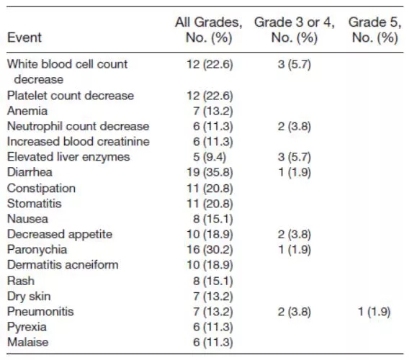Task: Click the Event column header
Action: [24, 37]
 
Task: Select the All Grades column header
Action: [209, 30]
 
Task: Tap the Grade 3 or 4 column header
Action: [295, 30]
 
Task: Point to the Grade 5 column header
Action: [375, 30]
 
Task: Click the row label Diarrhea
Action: [30, 172]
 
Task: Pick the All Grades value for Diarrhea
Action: [210, 173]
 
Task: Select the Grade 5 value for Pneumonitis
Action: [374, 312]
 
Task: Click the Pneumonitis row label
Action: [40, 312]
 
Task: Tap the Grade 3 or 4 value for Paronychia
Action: [295, 250]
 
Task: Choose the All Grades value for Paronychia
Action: [210, 250]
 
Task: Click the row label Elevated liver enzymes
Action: [68, 157]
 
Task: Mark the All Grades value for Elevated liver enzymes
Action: [210, 157]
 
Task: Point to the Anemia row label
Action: [27, 111]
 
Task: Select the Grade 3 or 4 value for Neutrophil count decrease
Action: [295, 126]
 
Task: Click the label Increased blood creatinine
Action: [79, 142]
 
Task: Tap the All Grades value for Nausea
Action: [212, 219]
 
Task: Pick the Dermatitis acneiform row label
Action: [63, 265]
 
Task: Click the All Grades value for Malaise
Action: [212, 343]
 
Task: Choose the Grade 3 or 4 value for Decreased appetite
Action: [295, 234]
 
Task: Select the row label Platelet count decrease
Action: [71, 96]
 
